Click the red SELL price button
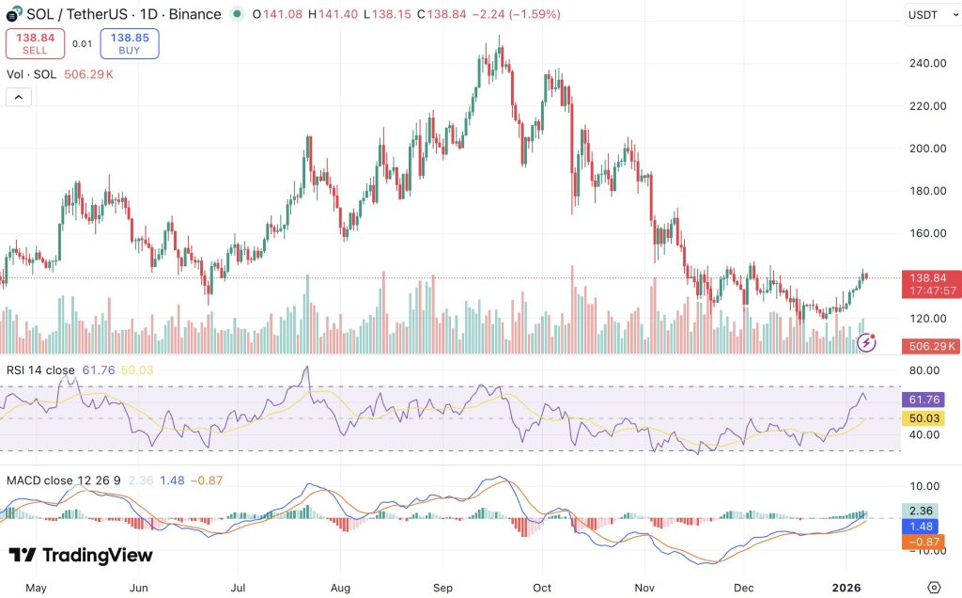coord(36,44)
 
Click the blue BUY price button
coord(130,44)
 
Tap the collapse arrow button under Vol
coord(19,96)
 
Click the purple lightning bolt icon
coord(866,343)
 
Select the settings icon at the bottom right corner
coord(933,588)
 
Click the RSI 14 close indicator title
coord(42,370)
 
